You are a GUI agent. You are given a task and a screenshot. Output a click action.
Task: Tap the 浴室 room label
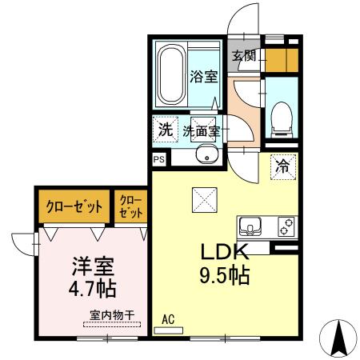tap(202, 77)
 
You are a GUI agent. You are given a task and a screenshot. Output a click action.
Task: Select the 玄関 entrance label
tap(244, 55)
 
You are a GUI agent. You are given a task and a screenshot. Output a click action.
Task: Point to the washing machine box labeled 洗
tap(164, 130)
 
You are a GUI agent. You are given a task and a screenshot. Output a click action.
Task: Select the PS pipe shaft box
tap(158, 159)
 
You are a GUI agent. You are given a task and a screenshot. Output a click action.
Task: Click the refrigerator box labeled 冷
tap(282, 166)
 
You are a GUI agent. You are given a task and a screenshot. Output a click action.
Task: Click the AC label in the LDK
tap(168, 318)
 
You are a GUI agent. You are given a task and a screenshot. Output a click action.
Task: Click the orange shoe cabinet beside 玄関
tap(277, 60)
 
